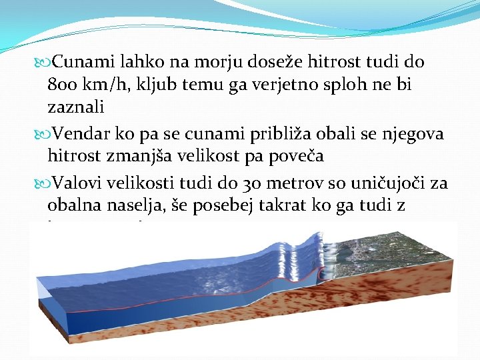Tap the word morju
215,63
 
